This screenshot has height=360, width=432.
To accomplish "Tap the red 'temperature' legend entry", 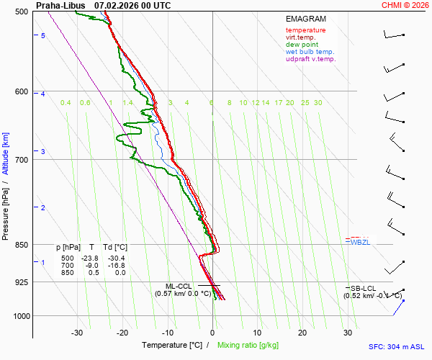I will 305,30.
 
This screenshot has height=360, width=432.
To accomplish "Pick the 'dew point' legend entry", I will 302,45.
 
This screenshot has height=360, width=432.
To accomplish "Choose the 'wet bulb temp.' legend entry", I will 310,52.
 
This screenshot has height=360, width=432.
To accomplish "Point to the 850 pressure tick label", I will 21,245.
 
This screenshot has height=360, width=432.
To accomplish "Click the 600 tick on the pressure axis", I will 21,91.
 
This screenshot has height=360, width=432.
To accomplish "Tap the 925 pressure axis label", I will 21,282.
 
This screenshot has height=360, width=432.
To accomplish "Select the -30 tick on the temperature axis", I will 78,333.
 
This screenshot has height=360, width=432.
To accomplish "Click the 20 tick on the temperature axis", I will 302,333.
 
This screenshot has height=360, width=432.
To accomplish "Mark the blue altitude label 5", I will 43,35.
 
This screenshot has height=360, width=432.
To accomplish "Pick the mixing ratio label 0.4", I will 66,103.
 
